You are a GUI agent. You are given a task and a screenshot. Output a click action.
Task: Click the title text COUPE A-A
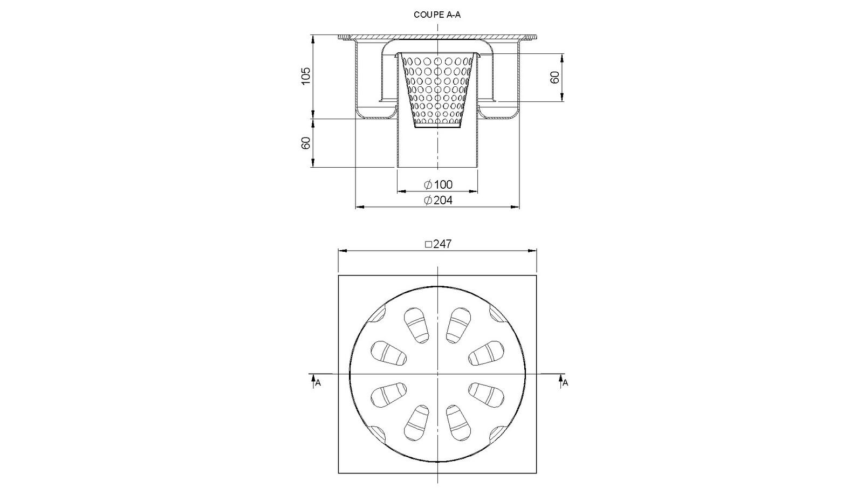click(437, 15)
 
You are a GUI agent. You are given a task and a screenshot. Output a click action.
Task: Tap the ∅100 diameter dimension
click(438, 184)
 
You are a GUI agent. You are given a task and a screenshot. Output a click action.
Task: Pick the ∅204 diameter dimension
click(438, 200)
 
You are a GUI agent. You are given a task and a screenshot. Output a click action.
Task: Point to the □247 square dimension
click(438, 244)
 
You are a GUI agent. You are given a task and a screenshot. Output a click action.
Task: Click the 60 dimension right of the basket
click(554, 77)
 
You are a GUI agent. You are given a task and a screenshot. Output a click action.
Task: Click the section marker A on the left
click(317, 382)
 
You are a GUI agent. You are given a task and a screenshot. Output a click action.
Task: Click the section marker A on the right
click(565, 382)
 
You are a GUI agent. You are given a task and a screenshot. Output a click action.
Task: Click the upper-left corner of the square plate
click(339, 276)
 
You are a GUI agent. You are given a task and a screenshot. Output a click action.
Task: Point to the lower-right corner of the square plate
click(536, 473)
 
